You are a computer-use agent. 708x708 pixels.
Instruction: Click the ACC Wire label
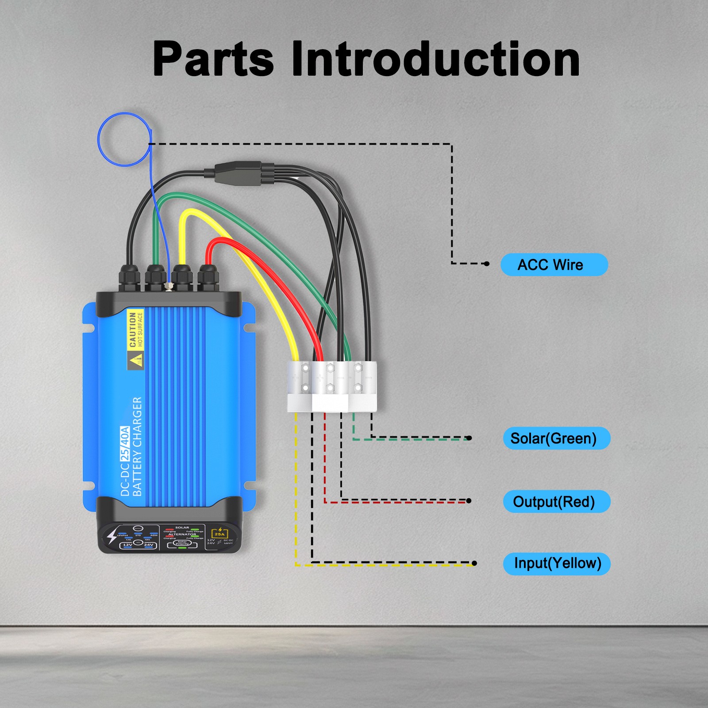[x=554, y=265]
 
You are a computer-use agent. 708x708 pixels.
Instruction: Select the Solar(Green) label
[x=556, y=438]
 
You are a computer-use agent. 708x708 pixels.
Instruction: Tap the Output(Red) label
[x=556, y=501]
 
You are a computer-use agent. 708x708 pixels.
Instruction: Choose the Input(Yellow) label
[x=557, y=563]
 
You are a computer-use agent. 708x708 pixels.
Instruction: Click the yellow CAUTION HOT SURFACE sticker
[x=135, y=330]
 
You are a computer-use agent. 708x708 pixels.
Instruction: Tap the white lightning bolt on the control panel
[x=112, y=536]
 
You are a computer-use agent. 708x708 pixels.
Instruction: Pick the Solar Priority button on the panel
[x=182, y=543]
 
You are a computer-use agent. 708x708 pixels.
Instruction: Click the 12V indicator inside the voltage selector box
[x=127, y=545]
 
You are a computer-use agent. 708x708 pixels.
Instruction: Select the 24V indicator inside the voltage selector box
[x=148, y=545]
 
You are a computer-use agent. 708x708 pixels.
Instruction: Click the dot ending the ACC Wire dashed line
[x=487, y=264]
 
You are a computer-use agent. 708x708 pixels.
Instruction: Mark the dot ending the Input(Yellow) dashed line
[x=474, y=563]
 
